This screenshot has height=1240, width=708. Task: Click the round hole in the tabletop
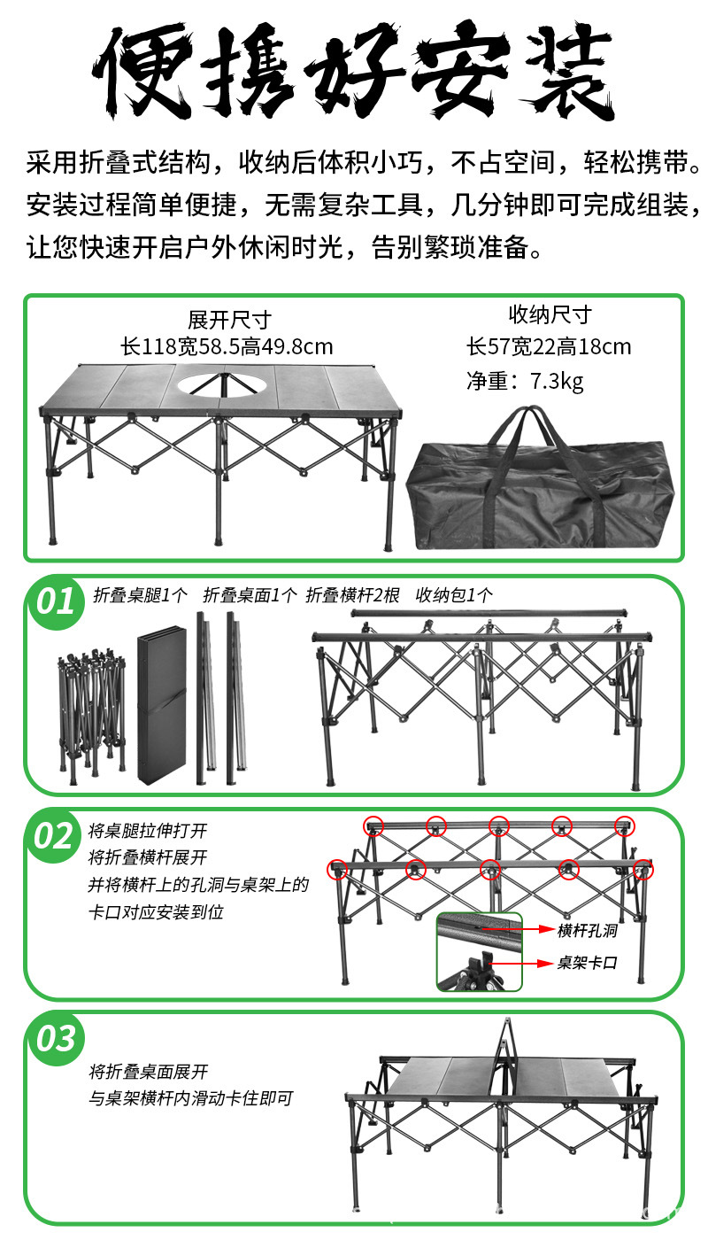(215, 384)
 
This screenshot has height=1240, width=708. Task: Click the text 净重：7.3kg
(525, 382)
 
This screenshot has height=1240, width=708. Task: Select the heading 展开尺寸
(228, 319)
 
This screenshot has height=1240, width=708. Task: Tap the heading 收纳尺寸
(550, 314)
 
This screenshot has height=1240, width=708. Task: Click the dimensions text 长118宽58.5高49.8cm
(227, 346)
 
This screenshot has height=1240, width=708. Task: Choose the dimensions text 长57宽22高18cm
(549, 346)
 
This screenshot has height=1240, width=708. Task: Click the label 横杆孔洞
(587, 930)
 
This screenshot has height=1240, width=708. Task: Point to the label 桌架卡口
(587, 963)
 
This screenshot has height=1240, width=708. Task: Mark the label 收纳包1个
(454, 595)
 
